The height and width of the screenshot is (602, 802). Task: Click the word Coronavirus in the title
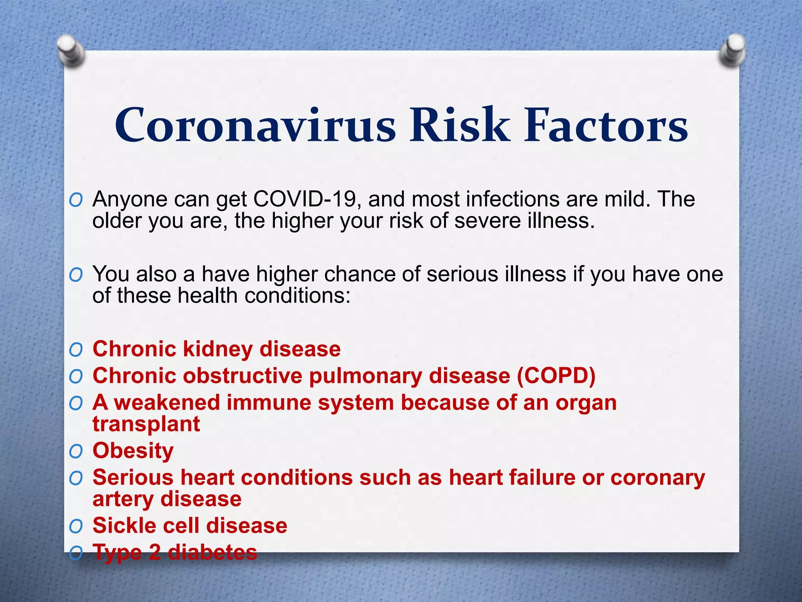(x=255, y=125)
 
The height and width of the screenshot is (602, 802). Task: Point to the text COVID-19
(x=304, y=199)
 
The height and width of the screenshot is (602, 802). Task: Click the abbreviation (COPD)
(x=556, y=376)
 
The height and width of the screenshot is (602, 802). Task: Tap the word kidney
(x=218, y=349)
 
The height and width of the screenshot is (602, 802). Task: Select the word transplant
(x=146, y=424)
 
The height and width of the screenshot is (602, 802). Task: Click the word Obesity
(x=133, y=451)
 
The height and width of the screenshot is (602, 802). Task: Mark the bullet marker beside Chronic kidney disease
(x=76, y=350)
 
